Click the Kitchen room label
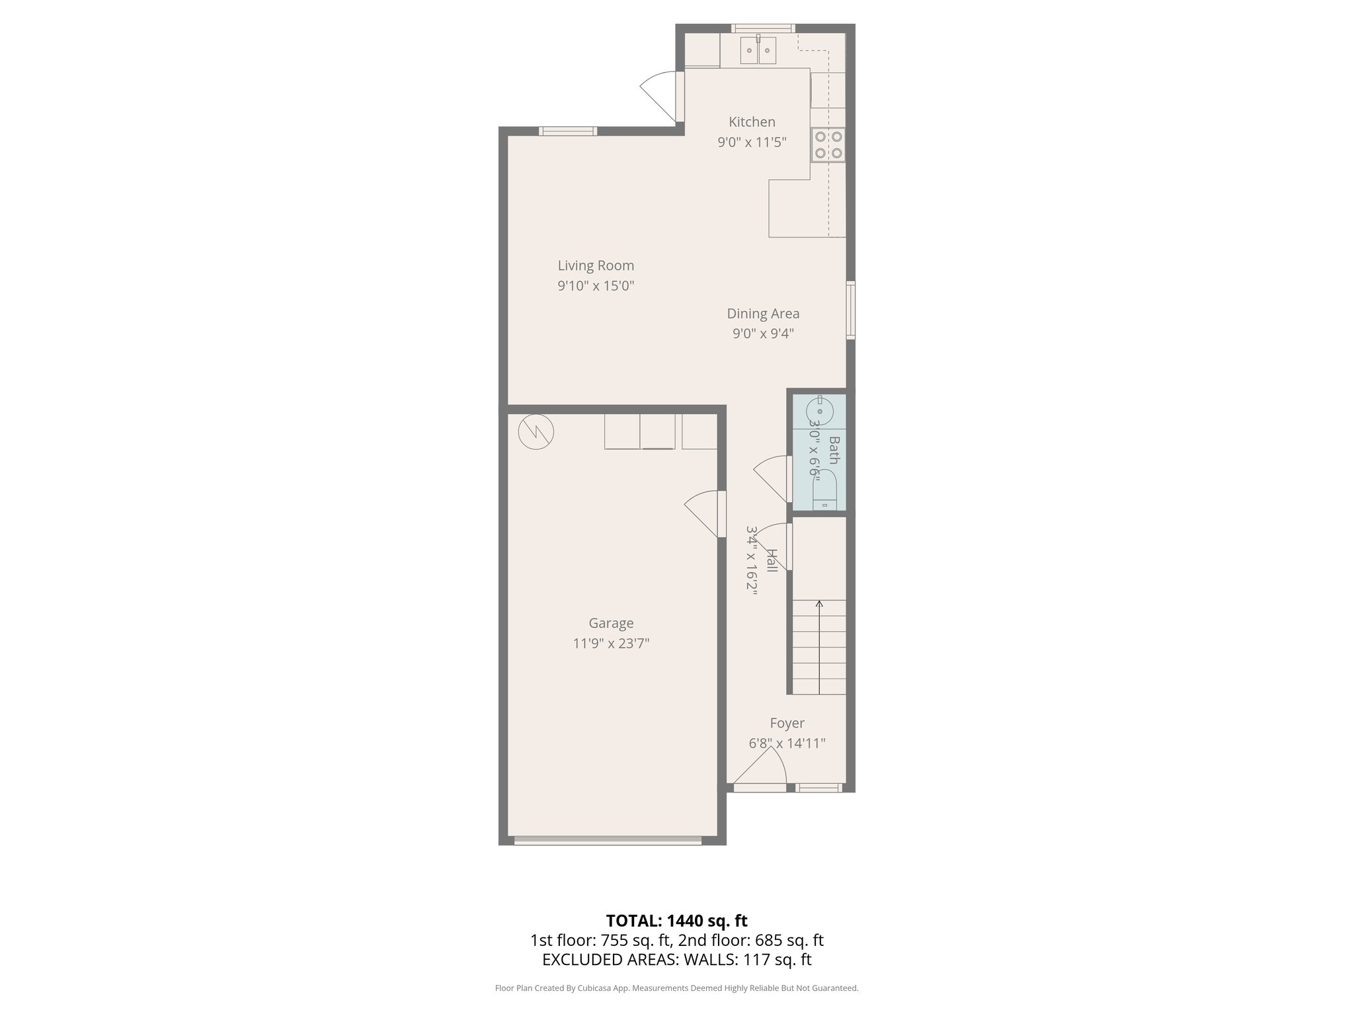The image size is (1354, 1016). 752,122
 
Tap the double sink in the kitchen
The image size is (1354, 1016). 758,50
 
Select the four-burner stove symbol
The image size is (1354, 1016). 828,145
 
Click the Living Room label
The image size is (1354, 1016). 596,265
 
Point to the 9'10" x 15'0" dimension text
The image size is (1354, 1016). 596,286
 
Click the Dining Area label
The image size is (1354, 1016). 763,314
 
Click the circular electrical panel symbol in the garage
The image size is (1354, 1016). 536,432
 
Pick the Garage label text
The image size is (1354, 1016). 611,623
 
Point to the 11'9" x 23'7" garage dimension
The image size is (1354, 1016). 611,643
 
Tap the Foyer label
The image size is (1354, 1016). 787,723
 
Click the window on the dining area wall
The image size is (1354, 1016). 851,310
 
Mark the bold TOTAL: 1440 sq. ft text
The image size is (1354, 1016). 676,921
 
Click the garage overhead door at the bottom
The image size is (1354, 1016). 608,841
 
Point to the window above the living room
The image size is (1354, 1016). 567,131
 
